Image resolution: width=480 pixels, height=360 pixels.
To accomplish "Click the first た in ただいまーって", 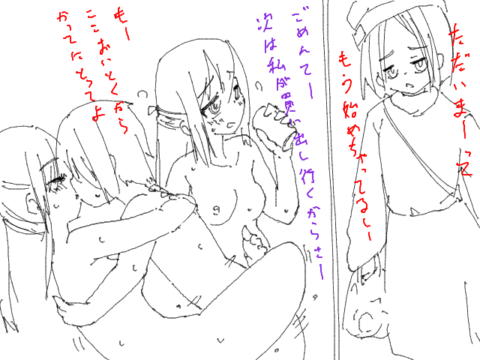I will click(x=454, y=33).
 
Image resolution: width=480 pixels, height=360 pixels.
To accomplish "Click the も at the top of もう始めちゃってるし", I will click(x=343, y=58).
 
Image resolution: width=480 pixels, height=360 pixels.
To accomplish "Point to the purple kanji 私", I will click(x=274, y=65).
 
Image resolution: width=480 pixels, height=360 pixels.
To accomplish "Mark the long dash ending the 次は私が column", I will click(x=321, y=271).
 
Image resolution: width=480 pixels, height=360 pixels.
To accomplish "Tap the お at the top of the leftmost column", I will click(x=63, y=16).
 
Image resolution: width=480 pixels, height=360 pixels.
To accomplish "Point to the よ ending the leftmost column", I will click(x=96, y=114).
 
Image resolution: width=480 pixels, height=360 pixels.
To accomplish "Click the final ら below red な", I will click(x=122, y=127).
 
